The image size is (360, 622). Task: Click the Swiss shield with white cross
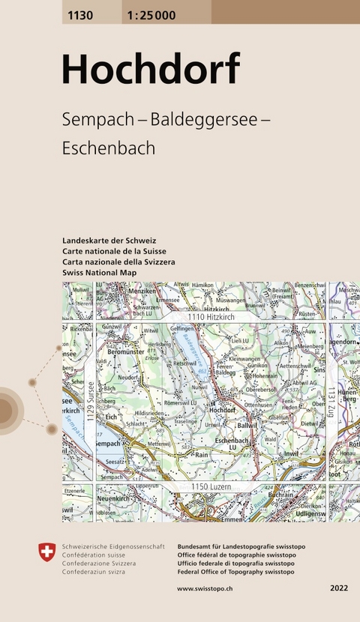(46, 552)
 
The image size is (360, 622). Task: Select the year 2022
(338, 589)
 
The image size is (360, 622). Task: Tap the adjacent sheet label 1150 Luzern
(210, 487)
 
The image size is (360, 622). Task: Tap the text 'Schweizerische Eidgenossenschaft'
(113, 547)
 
